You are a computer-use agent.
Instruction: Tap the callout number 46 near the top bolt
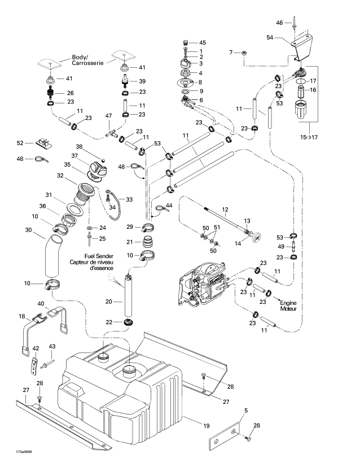tap(279, 23)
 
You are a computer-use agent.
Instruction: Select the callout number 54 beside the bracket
tap(270, 38)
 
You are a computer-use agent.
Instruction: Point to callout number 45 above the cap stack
tap(203, 43)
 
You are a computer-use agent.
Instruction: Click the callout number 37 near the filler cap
tap(74, 156)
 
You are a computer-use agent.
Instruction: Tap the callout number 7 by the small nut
tap(231, 52)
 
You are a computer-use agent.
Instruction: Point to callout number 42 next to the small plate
tap(35, 349)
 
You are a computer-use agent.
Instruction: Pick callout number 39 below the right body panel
tap(142, 81)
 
